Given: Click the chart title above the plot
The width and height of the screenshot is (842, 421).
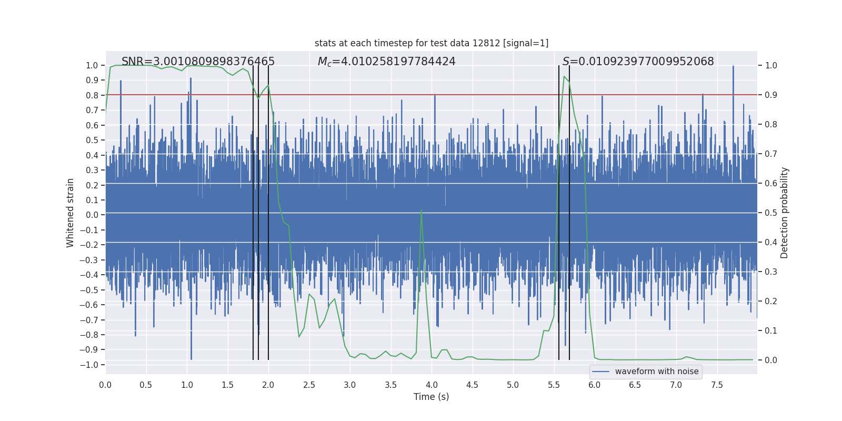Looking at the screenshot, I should click(432, 43).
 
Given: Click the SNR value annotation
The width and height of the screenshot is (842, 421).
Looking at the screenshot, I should click(198, 62).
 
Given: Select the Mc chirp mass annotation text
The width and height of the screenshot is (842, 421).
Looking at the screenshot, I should click(386, 62).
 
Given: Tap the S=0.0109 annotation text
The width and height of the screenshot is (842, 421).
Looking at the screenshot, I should click(638, 62).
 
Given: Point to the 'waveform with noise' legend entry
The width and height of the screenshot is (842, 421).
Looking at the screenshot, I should click(656, 372).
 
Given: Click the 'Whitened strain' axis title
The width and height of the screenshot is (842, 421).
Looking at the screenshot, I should click(71, 213).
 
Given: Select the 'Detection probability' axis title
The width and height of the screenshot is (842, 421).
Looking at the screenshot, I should click(784, 213).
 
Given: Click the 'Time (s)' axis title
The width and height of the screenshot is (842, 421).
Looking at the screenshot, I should click(431, 397).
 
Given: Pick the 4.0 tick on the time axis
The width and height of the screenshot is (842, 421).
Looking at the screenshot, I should click(432, 385).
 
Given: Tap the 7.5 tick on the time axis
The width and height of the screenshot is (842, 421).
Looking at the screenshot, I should click(717, 385).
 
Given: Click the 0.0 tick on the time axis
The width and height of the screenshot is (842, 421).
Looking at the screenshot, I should click(105, 385).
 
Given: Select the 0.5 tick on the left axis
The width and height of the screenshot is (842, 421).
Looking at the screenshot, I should click(92, 140).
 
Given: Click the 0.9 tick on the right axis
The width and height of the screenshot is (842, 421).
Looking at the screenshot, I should click(771, 95).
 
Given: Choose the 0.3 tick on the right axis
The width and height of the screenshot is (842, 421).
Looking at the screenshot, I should click(771, 272).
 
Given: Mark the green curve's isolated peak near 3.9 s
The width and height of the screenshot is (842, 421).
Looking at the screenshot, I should click(421, 210).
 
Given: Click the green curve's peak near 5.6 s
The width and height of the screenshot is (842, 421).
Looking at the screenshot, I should click(564, 77).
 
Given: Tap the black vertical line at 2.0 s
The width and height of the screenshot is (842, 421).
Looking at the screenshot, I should click(268, 210).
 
